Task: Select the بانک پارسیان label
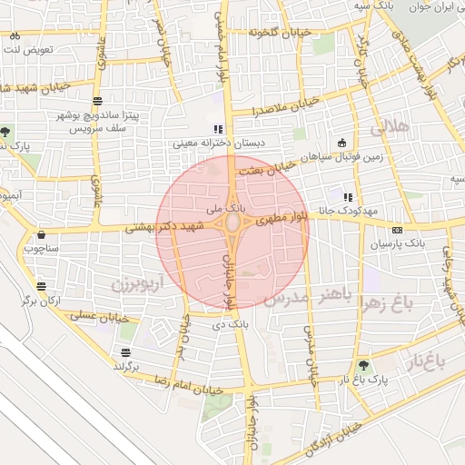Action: click(397, 244)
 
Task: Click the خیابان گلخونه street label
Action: click(281, 33)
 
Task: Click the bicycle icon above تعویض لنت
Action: click(15, 35)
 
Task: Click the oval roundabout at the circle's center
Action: click(232, 223)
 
